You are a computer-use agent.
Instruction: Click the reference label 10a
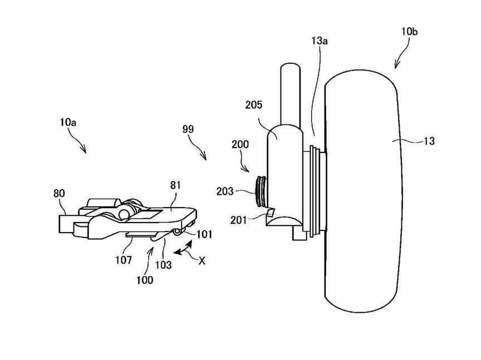(x=68, y=122)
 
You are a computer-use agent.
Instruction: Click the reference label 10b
(x=409, y=32)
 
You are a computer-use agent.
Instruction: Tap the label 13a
(x=320, y=41)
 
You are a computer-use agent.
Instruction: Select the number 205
(x=254, y=105)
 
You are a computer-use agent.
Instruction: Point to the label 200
(x=240, y=144)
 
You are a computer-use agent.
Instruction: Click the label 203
(x=225, y=191)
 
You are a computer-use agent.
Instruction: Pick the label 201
(x=238, y=220)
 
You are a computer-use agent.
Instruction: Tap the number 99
(x=188, y=129)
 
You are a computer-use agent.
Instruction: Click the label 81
(x=175, y=185)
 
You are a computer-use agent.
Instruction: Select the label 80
(x=59, y=193)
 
